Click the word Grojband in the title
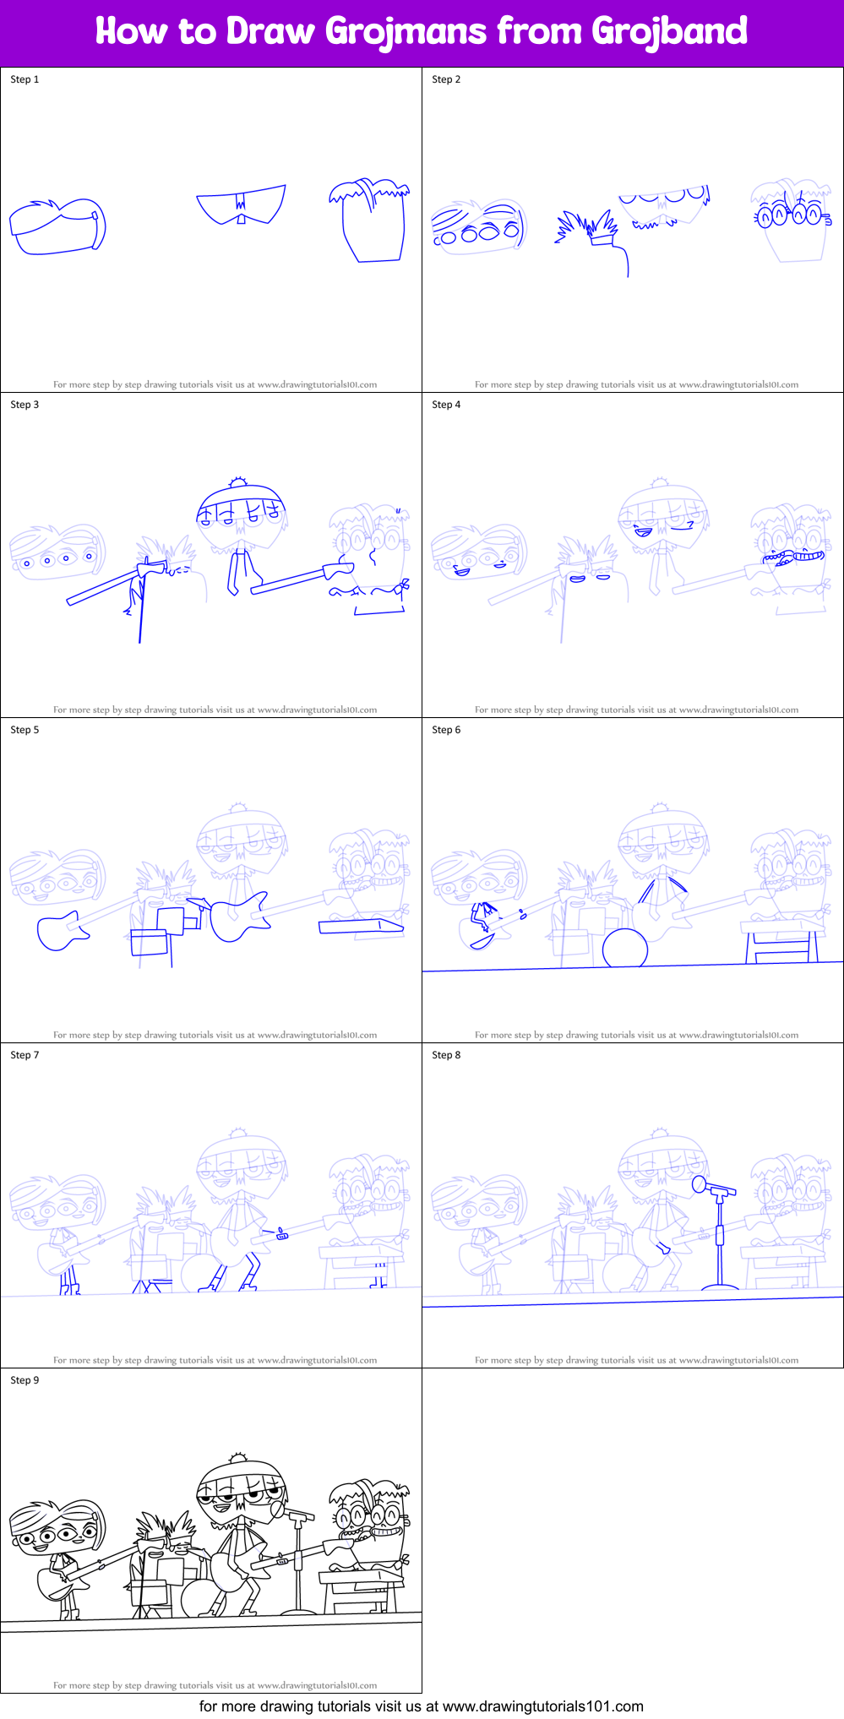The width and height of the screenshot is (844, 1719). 669,31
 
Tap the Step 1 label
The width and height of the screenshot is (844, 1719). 25,79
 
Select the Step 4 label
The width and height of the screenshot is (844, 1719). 446,405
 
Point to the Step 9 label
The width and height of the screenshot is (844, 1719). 25,1380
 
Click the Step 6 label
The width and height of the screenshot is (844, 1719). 446,730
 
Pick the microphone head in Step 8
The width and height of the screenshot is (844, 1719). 700,1185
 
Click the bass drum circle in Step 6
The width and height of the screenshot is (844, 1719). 625,949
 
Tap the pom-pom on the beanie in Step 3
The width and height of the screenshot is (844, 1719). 238,482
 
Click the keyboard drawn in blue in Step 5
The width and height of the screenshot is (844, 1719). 361,927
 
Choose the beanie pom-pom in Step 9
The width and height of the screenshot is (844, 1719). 238,1458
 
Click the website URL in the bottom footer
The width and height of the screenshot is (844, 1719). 542,1706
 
